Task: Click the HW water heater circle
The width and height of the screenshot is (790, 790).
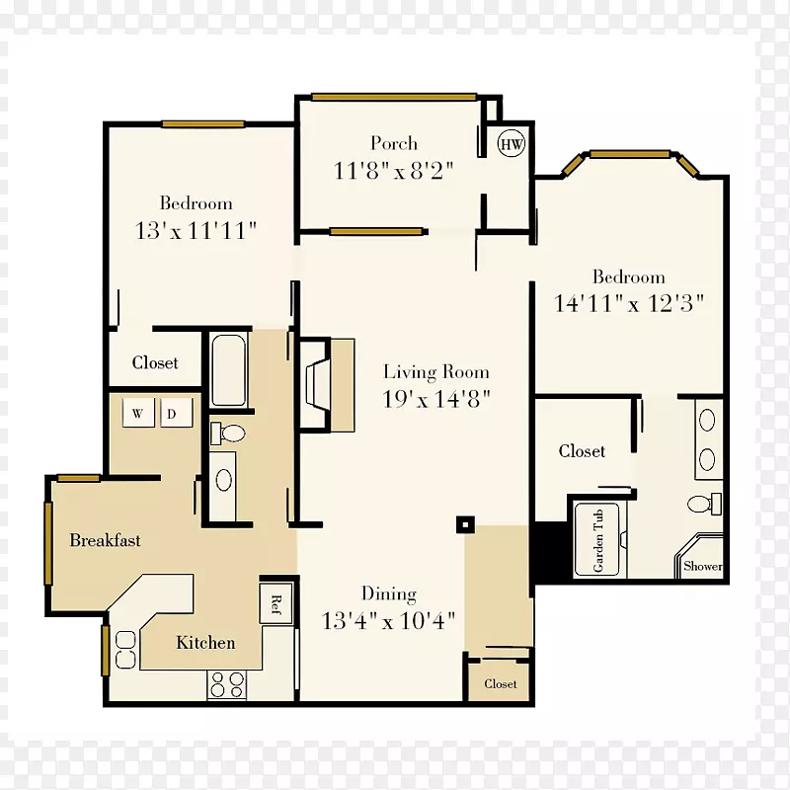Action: [x=512, y=143]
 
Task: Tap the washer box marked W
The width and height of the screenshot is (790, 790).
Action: [x=138, y=413]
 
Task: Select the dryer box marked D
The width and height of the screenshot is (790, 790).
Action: [x=177, y=413]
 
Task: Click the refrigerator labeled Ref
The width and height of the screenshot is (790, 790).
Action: [x=276, y=603]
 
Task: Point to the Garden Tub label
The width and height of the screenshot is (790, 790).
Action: [x=598, y=540]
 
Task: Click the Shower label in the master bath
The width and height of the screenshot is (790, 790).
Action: [x=702, y=566]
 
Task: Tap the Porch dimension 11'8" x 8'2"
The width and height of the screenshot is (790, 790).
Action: [x=393, y=171]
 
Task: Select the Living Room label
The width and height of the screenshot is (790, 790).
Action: [x=436, y=372]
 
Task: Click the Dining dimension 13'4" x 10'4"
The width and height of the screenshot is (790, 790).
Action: [x=388, y=621]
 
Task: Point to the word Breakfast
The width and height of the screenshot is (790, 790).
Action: [x=105, y=540]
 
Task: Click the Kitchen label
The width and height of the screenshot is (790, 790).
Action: [x=205, y=643]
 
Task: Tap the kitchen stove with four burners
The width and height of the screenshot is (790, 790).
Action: [x=227, y=684]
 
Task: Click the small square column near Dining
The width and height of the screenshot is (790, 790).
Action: [x=465, y=525]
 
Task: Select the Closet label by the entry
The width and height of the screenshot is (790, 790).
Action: [x=501, y=683]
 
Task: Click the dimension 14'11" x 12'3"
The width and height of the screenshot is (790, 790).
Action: [x=628, y=303]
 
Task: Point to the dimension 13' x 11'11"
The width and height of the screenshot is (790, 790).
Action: [x=196, y=231]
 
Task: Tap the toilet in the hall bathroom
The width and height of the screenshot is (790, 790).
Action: [x=228, y=433]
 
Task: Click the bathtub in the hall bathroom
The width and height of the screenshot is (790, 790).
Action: [x=229, y=369]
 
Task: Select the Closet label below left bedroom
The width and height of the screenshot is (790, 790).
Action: [x=155, y=362]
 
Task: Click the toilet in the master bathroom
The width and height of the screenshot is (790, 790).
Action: [x=704, y=504]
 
